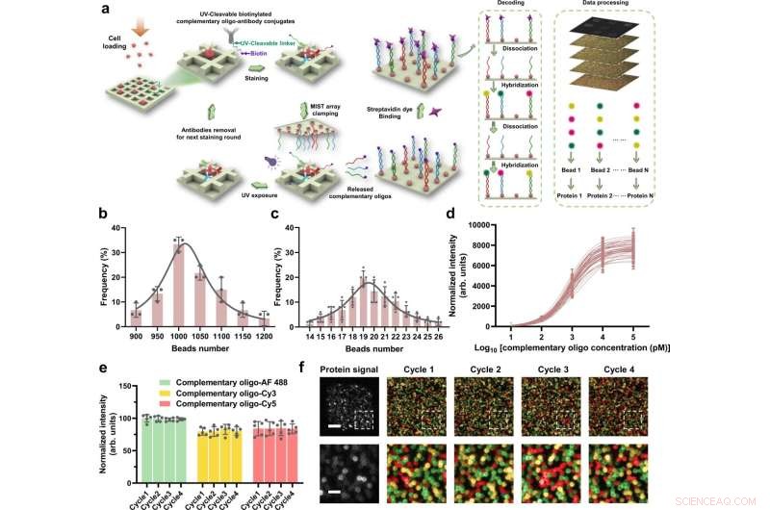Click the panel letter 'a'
tap(126, 13)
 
